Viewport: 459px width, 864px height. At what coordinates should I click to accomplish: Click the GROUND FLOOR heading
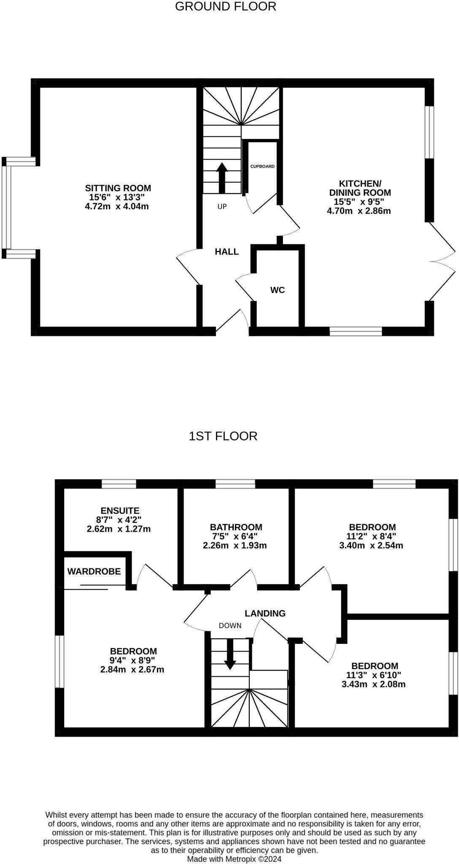(x=225, y=6)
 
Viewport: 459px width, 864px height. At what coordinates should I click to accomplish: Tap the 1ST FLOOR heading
(x=223, y=436)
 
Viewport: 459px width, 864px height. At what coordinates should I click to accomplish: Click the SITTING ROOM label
(x=118, y=188)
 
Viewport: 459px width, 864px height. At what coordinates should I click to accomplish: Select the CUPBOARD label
(x=262, y=166)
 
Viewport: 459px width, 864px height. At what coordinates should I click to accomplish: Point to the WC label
(x=278, y=290)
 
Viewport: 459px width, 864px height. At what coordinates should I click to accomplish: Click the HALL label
(x=227, y=252)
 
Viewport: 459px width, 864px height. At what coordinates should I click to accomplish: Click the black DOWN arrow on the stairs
(x=230, y=654)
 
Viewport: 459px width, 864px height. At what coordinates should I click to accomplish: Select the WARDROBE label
(x=94, y=571)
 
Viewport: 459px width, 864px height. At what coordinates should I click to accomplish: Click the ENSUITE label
(x=120, y=511)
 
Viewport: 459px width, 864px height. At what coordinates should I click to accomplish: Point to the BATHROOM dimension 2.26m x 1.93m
(x=235, y=545)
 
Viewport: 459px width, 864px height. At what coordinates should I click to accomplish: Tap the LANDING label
(x=265, y=613)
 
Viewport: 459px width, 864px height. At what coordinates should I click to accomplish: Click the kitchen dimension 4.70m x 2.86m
(x=359, y=211)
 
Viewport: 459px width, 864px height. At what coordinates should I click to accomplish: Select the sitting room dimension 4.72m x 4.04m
(x=117, y=206)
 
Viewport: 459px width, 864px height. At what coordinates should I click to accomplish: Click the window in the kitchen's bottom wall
(x=356, y=331)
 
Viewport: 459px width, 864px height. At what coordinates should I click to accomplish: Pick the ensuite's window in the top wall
(x=119, y=484)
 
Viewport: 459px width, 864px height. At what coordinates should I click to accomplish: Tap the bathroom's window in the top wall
(x=235, y=484)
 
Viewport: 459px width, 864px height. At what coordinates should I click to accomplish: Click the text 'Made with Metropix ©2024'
(x=234, y=859)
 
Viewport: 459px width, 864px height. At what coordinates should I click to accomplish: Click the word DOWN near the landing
(x=230, y=626)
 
